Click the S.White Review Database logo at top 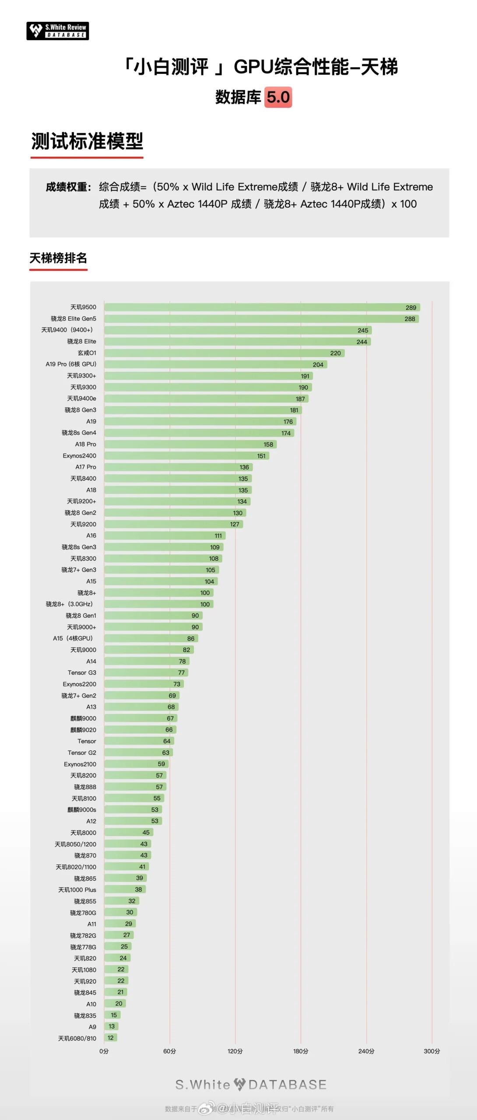pos(58,31)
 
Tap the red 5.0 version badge pos(278,97)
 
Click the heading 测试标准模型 pos(87,141)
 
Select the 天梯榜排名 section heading pos(58,258)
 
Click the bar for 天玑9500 pos(262,308)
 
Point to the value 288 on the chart pos(410,319)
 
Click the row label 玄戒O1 pos(87,353)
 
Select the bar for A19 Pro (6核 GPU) pos(215,364)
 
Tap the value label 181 pos(294,410)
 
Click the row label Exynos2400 pos(79,456)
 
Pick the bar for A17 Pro pos(178,467)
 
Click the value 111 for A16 pos(218,536)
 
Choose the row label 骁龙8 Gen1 pos(81,616)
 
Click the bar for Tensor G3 pos(146,673)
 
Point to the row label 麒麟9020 pos(83,730)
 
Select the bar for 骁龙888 pos(135,787)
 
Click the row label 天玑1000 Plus pos(77,889)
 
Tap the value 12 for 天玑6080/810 pos(111,1038)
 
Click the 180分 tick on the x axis pos(301,1051)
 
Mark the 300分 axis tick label pos(432,1051)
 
